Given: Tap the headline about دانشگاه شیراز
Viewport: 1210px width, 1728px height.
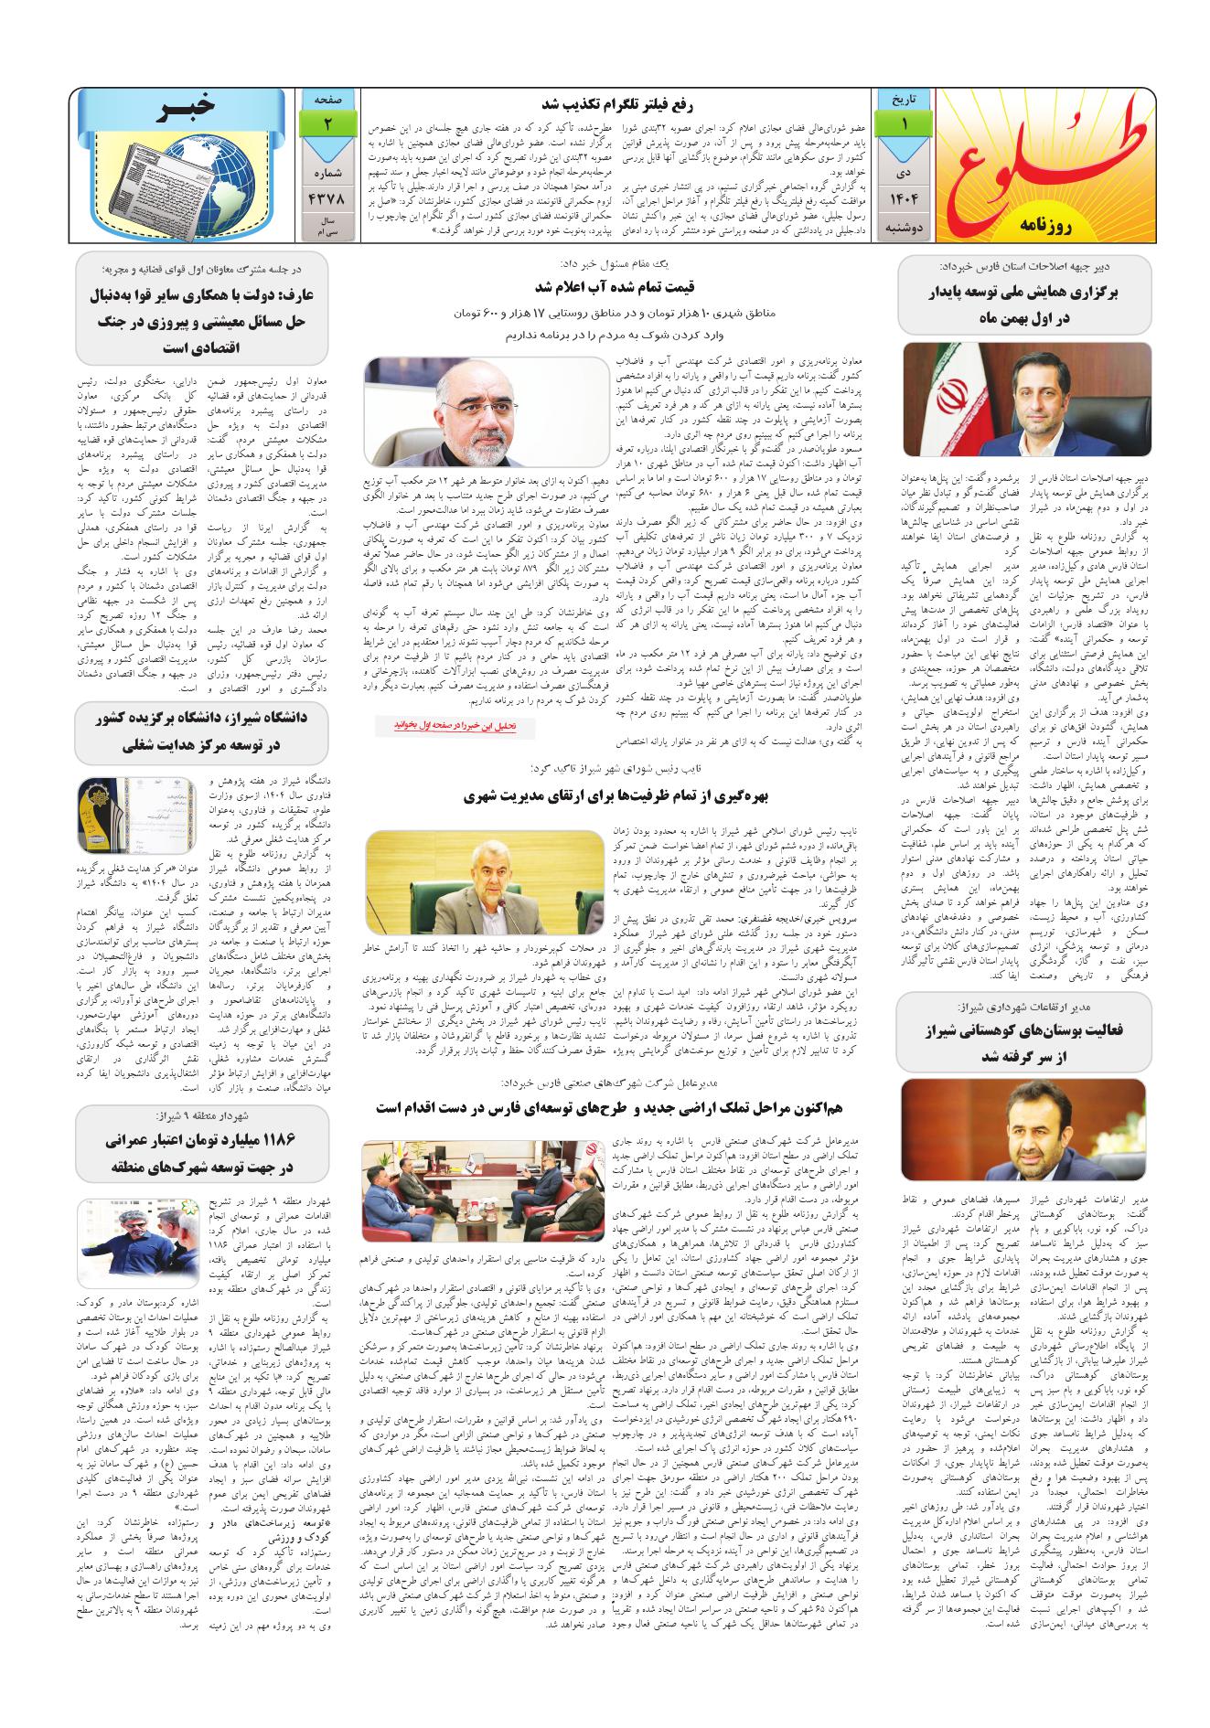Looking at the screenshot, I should tap(201, 731).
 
